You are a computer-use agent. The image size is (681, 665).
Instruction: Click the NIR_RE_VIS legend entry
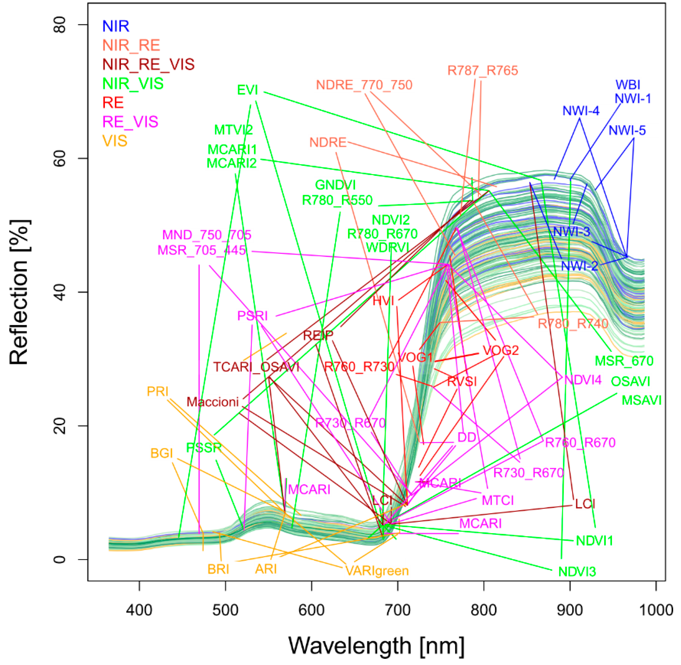[x=148, y=64]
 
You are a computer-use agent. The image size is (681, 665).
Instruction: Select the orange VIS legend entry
[x=115, y=141]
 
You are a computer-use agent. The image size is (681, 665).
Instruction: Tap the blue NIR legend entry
[x=116, y=26]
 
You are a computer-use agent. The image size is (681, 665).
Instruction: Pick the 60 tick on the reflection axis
[x=60, y=158]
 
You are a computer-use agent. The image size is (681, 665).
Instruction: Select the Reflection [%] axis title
[x=19, y=292]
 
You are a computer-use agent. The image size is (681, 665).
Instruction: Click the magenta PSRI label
[x=252, y=316]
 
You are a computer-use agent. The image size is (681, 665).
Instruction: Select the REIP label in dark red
[x=318, y=335]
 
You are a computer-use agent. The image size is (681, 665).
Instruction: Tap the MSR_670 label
[x=624, y=361]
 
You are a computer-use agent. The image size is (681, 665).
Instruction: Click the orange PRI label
[x=158, y=392]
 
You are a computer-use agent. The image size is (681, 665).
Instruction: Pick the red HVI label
[x=383, y=301]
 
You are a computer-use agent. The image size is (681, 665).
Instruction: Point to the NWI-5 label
[x=627, y=131]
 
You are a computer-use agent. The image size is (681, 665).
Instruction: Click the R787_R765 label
[x=483, y=71]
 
